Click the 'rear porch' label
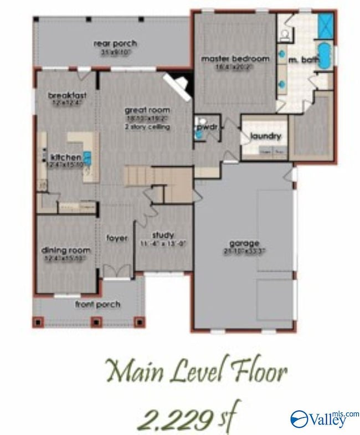(x=115, y=44)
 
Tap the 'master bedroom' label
(x=235, y=59)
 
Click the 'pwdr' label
(x=204, y=127)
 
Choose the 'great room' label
(x=147, y=110)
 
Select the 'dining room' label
(x=66, y=250)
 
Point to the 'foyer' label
(x=117, y=238)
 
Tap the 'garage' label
(x=245, y=243)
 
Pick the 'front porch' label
(x=97, y=304)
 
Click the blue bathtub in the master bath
(x=324, y=57)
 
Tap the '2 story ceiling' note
(x=147, y=127)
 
